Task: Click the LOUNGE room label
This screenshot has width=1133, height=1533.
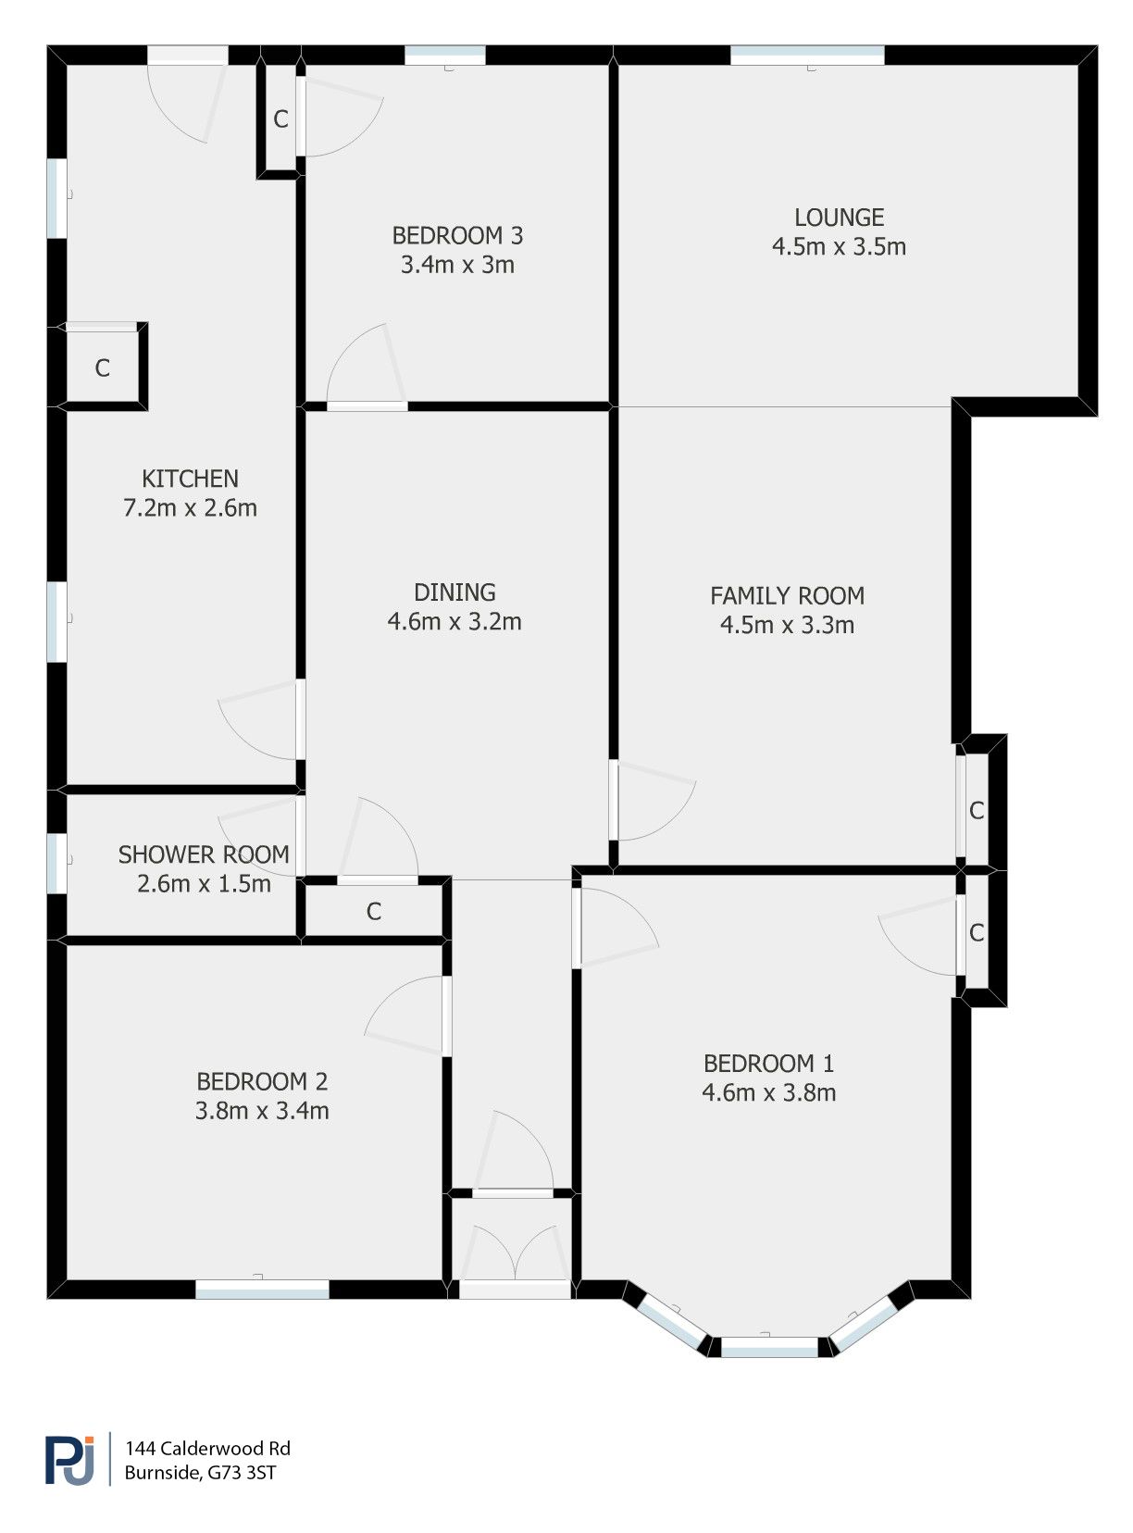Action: tap(839, 218)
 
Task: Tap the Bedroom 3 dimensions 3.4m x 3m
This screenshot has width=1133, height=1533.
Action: tap(457, 266)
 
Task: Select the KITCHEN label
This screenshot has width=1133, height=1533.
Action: tap(190, 479)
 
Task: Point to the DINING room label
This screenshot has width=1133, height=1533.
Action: tap(454, 592)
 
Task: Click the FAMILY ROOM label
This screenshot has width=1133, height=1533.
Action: tap(787, 596)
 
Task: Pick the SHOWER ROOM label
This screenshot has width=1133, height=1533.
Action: tap(204, 854)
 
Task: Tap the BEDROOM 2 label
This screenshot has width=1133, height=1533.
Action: tap(262, 1081)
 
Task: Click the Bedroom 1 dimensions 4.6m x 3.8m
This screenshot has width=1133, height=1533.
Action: tap(768, 1093)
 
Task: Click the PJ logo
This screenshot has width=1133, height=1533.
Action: tap(70, 1460)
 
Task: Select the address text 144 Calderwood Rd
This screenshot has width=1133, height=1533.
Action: tap(207, 1449)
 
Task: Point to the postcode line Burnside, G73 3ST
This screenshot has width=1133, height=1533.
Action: tap(200, 1473)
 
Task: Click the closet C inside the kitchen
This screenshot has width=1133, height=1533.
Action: tap(102, 368)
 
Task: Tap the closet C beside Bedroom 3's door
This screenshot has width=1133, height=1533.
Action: tap(280, 119)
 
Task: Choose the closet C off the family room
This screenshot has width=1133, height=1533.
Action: tap(977, 811)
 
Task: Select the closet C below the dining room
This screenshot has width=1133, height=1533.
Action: tap(374, 912)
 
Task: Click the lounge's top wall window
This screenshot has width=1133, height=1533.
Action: tap(807, 56)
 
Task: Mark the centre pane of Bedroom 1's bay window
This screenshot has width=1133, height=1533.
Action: tap(769, 1347)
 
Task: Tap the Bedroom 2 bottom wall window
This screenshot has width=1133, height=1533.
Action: tap(262, 1289)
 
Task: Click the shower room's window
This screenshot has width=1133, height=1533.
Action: tap(57, 864)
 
